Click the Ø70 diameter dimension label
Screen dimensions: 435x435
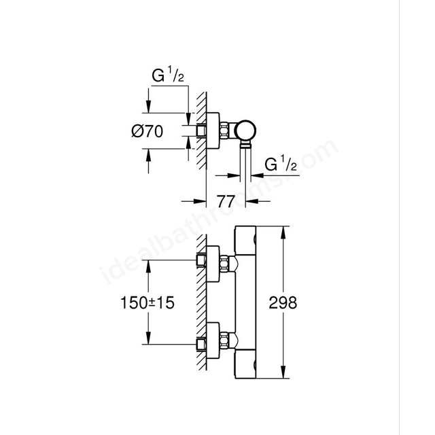(147, 133)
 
